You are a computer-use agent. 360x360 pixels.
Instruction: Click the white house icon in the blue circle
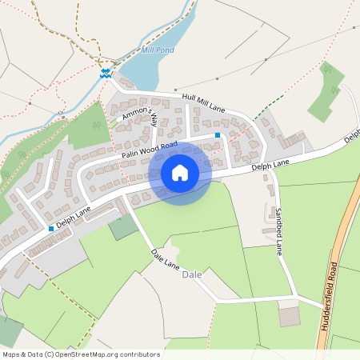[x=180, y=172]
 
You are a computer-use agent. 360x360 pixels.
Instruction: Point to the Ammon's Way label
[x=140, y=118]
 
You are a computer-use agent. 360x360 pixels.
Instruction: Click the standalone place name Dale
[x=192, y=274]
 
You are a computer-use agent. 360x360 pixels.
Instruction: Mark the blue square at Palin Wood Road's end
[x=218, y=136]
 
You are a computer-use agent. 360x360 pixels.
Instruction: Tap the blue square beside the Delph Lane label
[x=51, y=229]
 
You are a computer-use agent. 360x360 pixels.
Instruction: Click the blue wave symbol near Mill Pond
[x=104, y=73]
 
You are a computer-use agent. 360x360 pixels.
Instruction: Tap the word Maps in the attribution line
[x=12, y=353]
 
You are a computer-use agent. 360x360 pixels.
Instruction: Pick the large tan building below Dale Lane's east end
[x=289, y=316]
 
